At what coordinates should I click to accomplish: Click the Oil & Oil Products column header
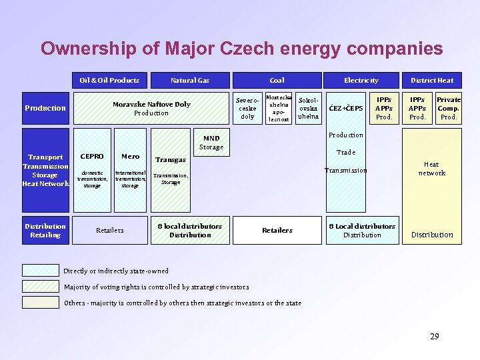tap(109, 80)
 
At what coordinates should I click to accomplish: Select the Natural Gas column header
tap(190, 80)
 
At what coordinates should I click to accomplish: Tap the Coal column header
tap(277, 80)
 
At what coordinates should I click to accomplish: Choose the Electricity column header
tap(361, 80)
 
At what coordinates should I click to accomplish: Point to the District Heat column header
tap(432, 80)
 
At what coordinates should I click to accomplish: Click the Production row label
tap(45, 108)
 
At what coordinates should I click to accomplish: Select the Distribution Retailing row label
tap(45, 230)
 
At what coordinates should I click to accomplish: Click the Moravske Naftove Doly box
tap(151, 108)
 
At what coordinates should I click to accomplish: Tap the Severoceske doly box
tap(247, 108)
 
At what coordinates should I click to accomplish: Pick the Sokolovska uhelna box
tap(308, 108)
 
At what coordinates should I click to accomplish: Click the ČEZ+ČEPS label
tap(347, 109)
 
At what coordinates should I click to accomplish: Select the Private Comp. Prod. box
tap(449, 108)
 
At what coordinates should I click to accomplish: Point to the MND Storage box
tap(211, 143)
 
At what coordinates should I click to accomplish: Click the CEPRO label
tap(92, 157)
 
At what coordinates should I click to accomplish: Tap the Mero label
tap(131, 157)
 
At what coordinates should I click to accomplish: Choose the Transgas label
tap(170, 160)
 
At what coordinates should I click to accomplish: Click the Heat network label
tap(431, 169)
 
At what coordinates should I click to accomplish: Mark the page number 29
tap(434, 336)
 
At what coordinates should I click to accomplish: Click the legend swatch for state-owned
tap(41, 271)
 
